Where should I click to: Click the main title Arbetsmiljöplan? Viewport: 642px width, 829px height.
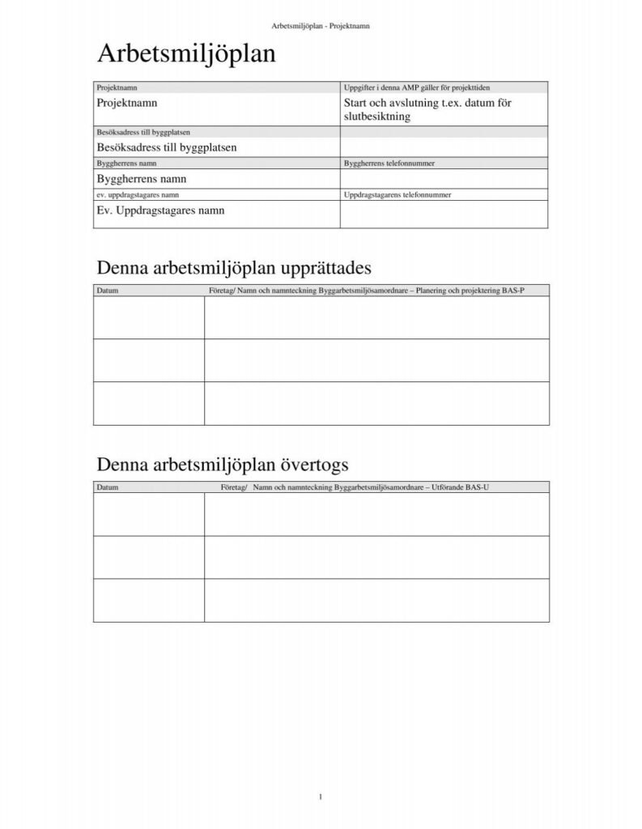tap(186, 55)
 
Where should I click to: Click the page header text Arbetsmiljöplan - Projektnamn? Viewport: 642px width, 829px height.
tap(321, 26)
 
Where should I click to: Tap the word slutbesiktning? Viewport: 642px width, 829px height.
tap(377, 117)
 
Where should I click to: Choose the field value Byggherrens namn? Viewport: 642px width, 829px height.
tap(147, 178)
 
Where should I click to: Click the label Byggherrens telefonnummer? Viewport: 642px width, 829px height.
tap(390, 164)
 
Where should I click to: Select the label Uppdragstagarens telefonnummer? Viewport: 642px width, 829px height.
tap(398, 195)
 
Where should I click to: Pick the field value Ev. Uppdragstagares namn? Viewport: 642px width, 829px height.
tap(160, 210)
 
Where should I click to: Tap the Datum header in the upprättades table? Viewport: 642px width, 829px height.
tap(108, 291)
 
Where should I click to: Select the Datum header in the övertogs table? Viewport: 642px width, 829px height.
tap(108, 487)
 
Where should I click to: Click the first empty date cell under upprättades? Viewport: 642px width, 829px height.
tap(149, 317)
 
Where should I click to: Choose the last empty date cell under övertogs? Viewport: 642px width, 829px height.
tap(149, 600)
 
